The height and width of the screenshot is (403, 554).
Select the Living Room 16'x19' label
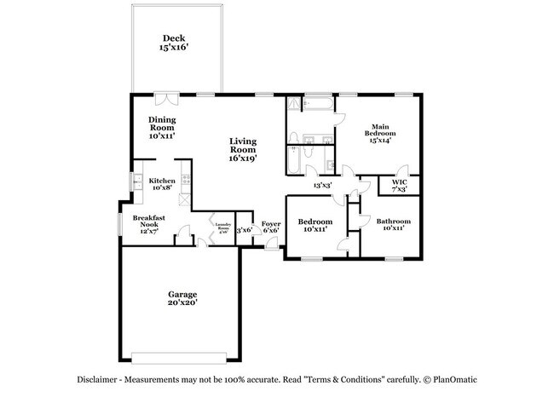[243, 149]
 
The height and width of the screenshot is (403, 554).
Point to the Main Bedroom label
[380, 133]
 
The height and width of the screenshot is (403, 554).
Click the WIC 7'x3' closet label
[399, 186]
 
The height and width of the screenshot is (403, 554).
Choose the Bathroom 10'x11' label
[393, 225]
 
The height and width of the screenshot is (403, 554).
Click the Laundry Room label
[222, 227]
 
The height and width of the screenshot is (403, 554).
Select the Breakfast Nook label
[148, 223]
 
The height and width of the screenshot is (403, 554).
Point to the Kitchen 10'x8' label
[162, 185]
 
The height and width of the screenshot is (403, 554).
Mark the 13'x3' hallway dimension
[322, 184]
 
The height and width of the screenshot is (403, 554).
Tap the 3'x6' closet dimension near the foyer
[244, 228]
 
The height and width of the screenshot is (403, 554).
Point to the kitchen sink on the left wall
[135, 181]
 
